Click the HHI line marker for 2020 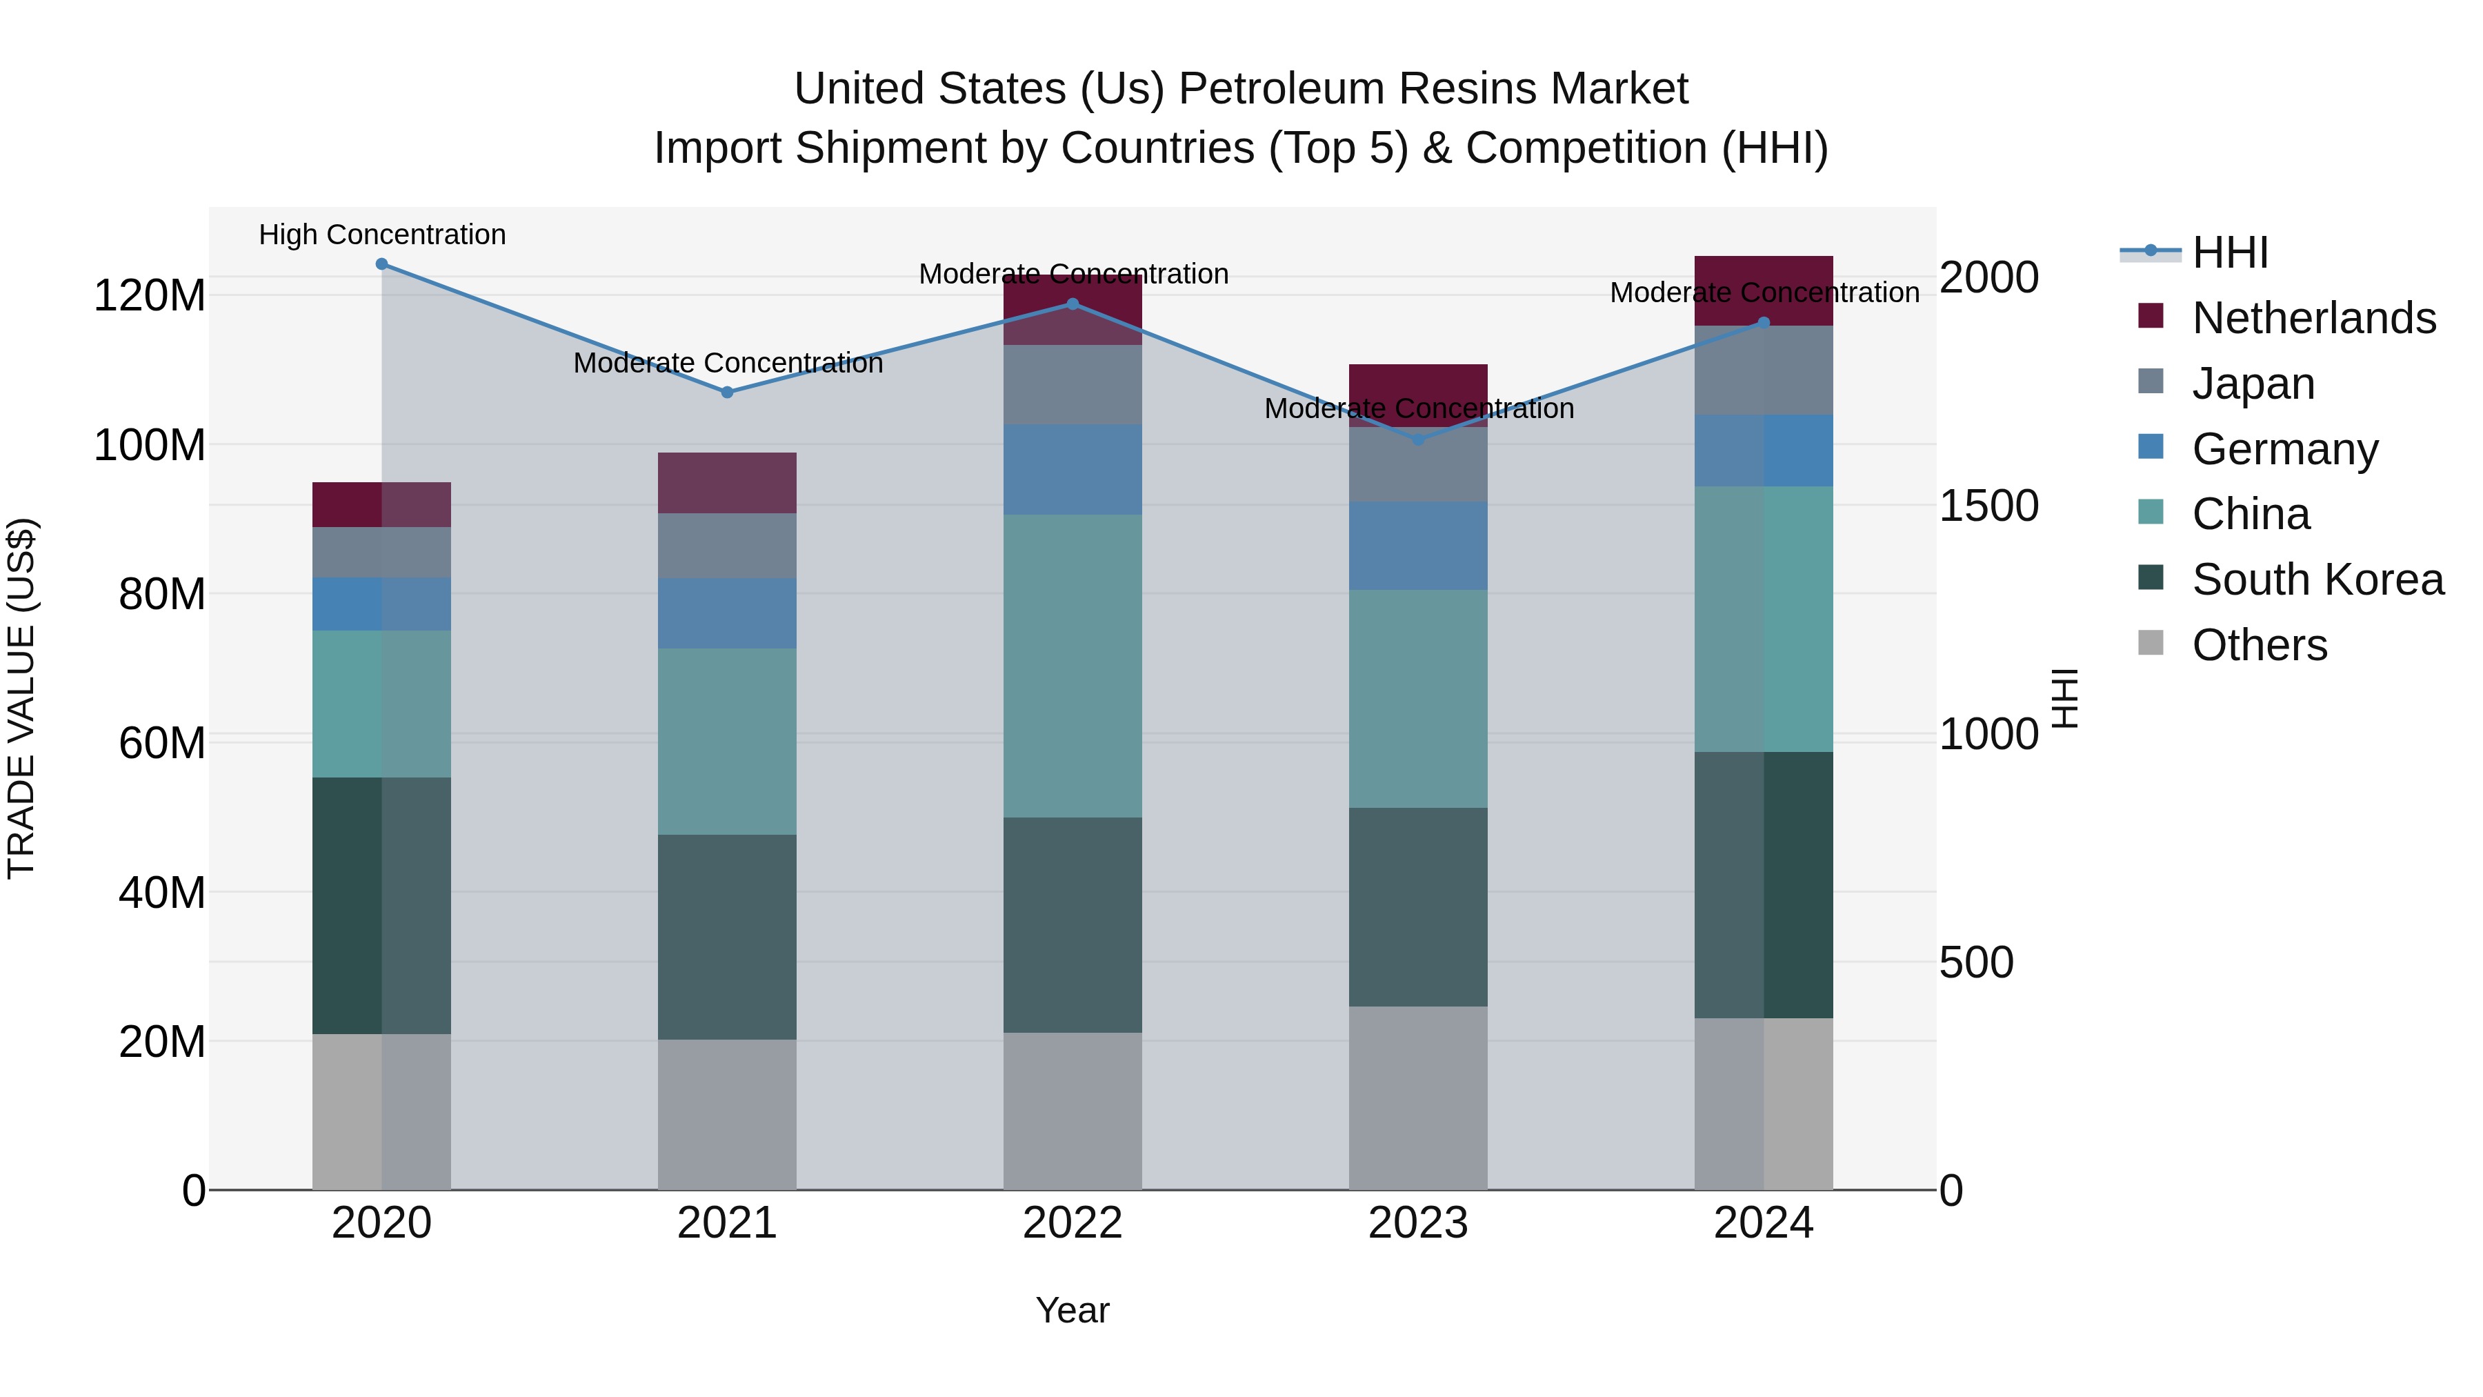click(x=381, y=264)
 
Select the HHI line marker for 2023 click(x=1418, y=439)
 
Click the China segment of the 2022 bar click(x=1073, y=665)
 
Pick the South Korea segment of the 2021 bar click(x=727, y=936)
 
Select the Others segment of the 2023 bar click(x=1418, y=1098)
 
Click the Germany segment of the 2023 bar click(x=1418, y=546)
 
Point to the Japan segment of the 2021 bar click(x=727, y=546)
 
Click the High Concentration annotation click(x=383, y=235)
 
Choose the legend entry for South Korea click(x=2318, y=579)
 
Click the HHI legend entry click(x=2229, y=252)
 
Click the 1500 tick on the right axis click(x=1988, y=506)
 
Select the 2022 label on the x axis click(x=1073, y=1223)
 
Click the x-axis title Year click(x=1073, y=1310)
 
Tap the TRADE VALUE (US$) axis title click(x=21, y=698)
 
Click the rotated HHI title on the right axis click(x=2064, y=698)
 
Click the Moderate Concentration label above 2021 click(x=728, y=364)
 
